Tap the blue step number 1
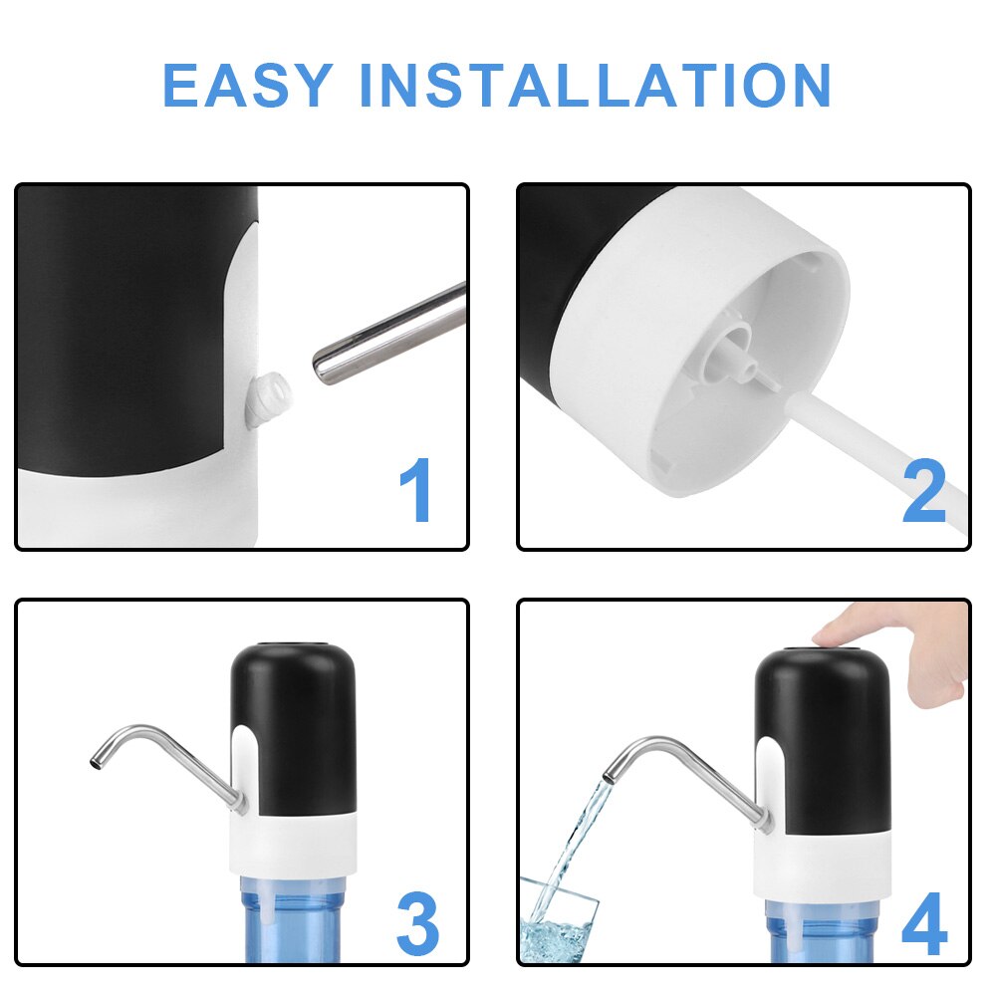pos(416,489)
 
